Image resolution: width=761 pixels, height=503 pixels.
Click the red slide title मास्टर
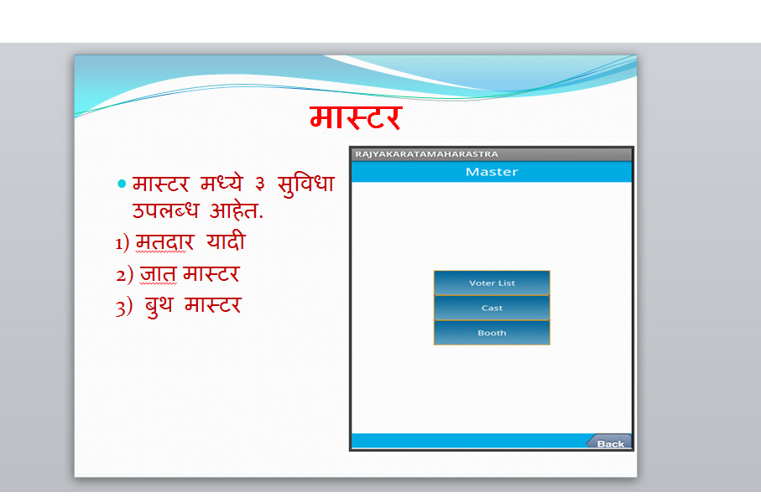(x=356, y=118)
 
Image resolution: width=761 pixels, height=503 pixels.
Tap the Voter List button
(x=492, y=283)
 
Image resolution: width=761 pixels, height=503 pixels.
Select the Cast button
(x=492, y=308)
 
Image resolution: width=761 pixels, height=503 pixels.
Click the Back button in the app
(x=610, y=442)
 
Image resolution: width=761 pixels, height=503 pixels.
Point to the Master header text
(x=492, y=172)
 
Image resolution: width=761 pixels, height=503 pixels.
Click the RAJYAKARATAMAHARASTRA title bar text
(x=426, y=154)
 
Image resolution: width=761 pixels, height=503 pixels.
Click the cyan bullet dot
(x=122, y=184)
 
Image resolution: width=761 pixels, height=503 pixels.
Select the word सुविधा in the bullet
(x=305, y=184)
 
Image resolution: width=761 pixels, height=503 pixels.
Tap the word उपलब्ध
(x=165, y=210)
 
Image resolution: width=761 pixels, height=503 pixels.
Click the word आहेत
(x=237, y=210)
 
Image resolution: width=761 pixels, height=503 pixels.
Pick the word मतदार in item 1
(x=165, y=242)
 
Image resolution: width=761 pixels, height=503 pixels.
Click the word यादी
(x=226, y=241)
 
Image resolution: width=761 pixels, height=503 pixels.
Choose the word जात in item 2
(x=159, y=274)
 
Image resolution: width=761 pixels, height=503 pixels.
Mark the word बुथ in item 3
(x=159, y=306)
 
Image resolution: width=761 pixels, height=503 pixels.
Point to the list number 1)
(x=122, y=242)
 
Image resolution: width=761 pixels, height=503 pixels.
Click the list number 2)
(x=124, y=275)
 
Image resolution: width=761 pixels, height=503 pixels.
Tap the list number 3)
(x=124, y=308)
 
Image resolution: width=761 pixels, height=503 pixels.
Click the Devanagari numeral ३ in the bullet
(x=260, y=184)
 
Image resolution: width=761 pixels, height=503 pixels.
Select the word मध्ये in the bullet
(x=222, y=184)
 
